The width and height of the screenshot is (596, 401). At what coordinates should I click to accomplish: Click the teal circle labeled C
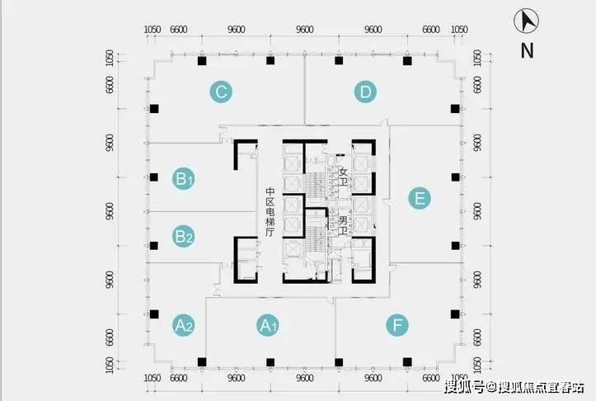(221, 92)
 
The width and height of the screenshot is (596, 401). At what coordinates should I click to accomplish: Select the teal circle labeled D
(365, 92)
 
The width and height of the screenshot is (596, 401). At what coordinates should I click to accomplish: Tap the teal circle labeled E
(420, 198)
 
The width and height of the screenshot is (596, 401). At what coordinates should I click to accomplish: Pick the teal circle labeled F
(397, 325)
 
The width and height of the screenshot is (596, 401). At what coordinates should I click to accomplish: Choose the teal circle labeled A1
(268, 325)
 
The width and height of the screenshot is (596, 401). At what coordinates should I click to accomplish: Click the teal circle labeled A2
(184, 325)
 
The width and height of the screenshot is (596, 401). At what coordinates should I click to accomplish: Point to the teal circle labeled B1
(184, 178)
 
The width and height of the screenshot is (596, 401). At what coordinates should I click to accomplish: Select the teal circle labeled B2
(184, 236)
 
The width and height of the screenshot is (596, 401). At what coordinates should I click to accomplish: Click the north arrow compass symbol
(527, 21)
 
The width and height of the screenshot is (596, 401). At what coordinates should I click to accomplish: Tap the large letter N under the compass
(528, 50)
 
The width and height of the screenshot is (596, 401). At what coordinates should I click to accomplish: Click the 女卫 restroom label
(343, 177)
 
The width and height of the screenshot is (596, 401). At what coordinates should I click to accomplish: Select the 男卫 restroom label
(343, 225)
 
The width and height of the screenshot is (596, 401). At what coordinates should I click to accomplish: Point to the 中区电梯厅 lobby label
(270, 212)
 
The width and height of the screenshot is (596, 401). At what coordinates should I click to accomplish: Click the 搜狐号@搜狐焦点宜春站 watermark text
(514, 387)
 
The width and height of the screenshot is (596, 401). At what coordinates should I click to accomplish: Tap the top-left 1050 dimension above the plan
(153, 30)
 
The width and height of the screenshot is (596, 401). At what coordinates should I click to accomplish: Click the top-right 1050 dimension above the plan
(459, 30)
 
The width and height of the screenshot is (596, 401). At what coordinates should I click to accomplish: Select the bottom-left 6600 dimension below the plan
(179, 378)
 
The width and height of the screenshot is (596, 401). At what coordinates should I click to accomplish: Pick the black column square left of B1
(154, 177)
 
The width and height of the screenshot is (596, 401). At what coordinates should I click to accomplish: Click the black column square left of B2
(154, 245)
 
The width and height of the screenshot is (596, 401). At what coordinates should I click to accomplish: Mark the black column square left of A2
(154, 314)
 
